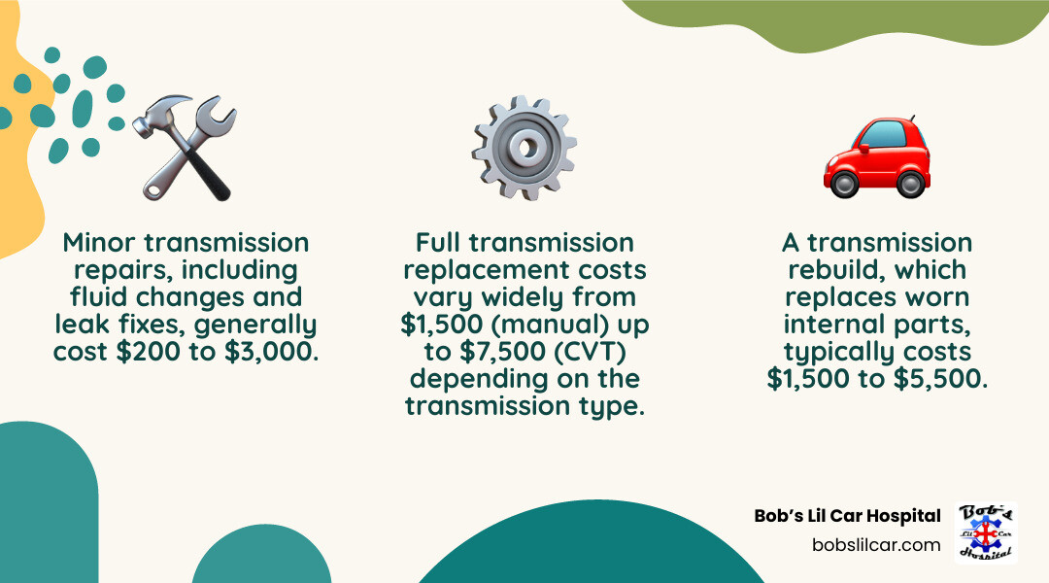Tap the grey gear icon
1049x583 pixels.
(x=524, y=148)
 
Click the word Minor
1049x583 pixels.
(x=103, y=242)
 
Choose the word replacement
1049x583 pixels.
(x=474, y=269)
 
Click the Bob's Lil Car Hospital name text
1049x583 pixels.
(x=847, y=516)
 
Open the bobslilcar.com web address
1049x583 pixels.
(x=876, y=544)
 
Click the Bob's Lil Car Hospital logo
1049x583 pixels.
(x=986, y=532)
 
